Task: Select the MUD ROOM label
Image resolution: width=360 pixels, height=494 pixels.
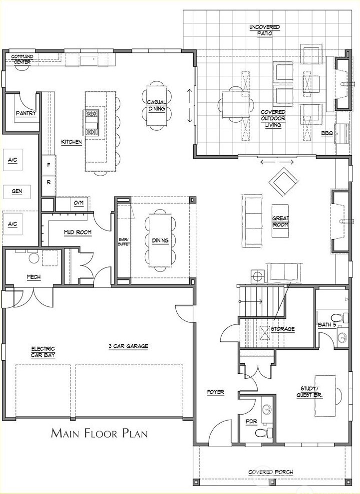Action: pyautogui.click(x=77, y=232)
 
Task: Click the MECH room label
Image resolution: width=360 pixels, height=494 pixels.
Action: pyautogui.click(x=34, y=277)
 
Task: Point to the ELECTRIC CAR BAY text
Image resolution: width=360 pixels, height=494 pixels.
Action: pyautogui.click(x=43, y=352)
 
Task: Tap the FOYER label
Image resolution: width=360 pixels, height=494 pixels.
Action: pyautogui.click(x=216, y=393)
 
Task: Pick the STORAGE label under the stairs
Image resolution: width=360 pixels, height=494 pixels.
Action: pyautogui.click(x=283, y=329)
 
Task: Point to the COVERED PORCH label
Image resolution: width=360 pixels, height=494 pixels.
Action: pyautogui.click(x=271, y=472)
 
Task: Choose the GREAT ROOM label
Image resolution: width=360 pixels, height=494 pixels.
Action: pyautogui.click(x=281, y=221)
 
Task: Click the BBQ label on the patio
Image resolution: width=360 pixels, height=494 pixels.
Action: pyautogui.click(x=327, y=134)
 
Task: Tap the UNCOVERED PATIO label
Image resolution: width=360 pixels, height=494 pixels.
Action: pyautogui.click(x=265, y=29)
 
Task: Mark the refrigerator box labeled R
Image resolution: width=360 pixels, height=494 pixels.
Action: pyautogui.click(x=49, y=182)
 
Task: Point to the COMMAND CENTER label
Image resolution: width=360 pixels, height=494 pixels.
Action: pyautogui.click(x=22, y=59)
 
